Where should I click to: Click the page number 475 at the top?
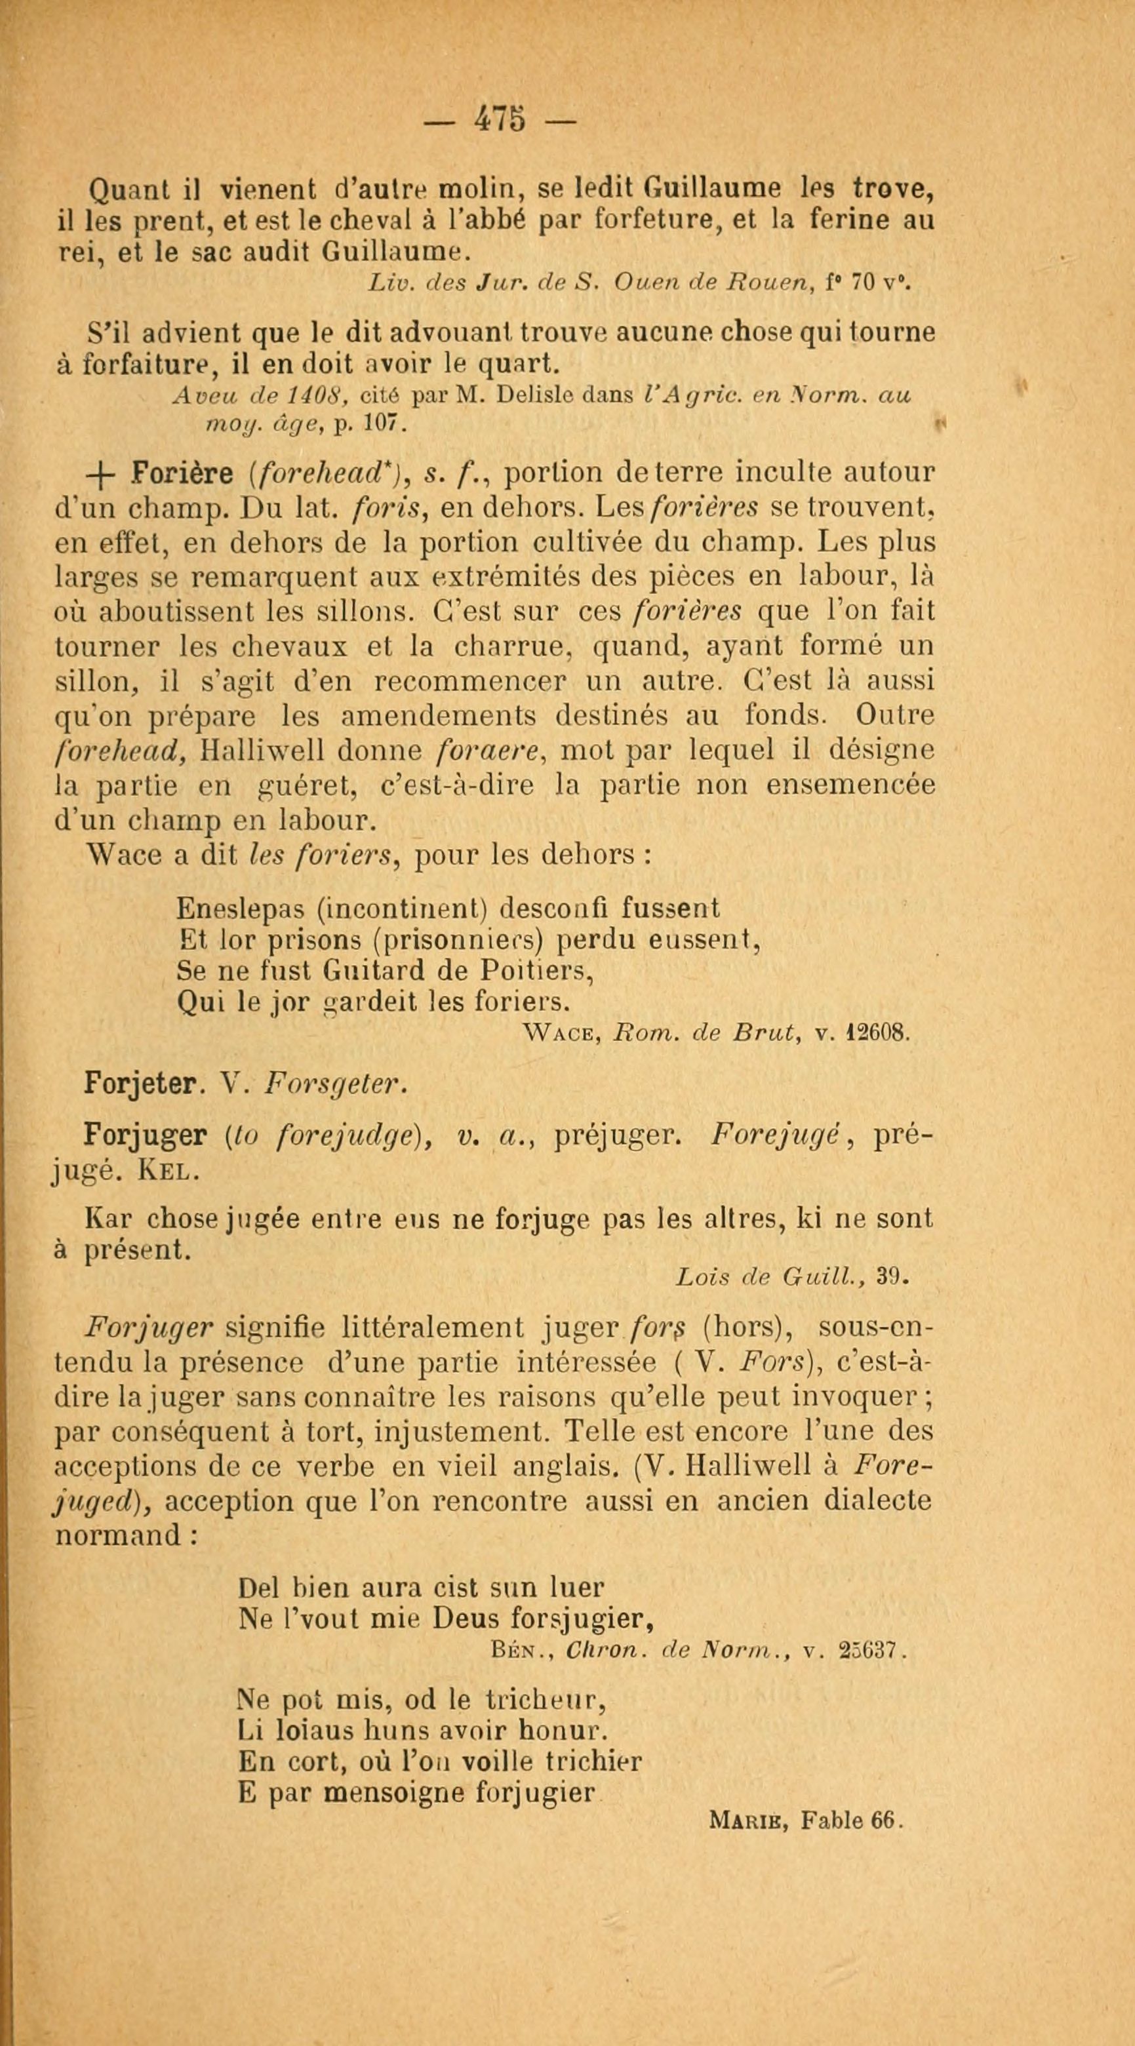[499, 121]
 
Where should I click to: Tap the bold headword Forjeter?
[140, 1084]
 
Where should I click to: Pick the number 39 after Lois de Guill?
[891, 1278]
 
